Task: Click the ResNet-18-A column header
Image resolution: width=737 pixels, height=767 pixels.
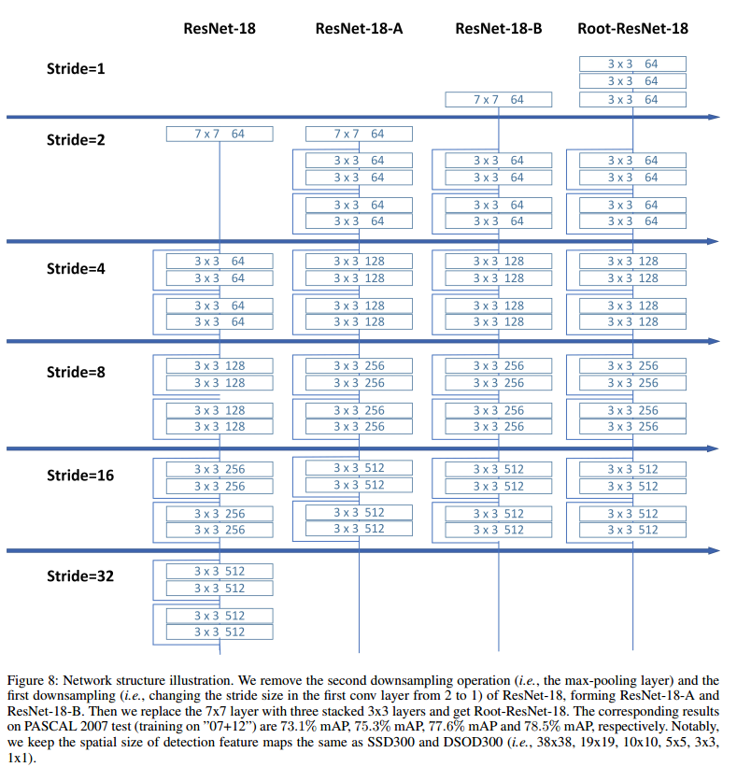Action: coord(359,28)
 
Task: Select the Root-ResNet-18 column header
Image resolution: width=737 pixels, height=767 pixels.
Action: coord(632,28)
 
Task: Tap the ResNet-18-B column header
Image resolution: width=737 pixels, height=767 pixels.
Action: coord(498,28)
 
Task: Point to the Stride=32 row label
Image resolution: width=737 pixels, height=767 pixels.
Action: coord(80,575)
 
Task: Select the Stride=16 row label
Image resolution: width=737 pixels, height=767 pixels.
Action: coord(80,475)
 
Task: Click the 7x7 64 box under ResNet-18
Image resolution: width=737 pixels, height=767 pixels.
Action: coord(220,134)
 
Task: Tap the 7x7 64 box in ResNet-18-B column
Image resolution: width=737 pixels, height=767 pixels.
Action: coord(498,99)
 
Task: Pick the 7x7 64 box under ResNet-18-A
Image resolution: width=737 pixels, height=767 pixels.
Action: coord(359,134)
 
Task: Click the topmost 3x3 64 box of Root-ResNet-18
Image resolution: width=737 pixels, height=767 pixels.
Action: coord(632,64)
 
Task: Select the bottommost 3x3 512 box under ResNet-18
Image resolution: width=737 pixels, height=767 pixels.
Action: coord(220,632)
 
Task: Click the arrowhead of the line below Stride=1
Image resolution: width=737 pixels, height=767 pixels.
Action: coord(714,117)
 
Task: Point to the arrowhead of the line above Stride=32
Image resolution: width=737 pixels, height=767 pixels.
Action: coord(714,551)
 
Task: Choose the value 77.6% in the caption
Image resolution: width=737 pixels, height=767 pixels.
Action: coord(492,726)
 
